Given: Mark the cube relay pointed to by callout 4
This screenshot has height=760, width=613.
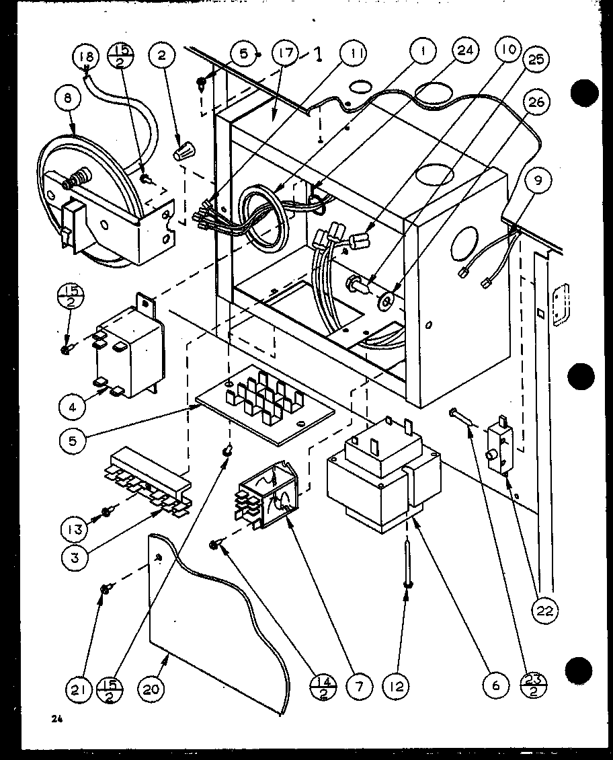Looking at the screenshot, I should tap(125, 353).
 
